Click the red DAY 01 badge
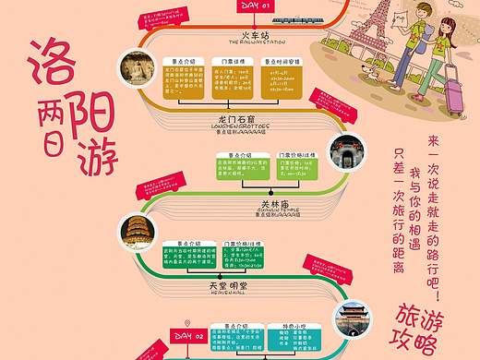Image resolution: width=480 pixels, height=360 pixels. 256,6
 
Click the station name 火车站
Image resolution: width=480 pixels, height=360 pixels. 268,34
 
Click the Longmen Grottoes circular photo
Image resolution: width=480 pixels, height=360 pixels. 141,75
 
